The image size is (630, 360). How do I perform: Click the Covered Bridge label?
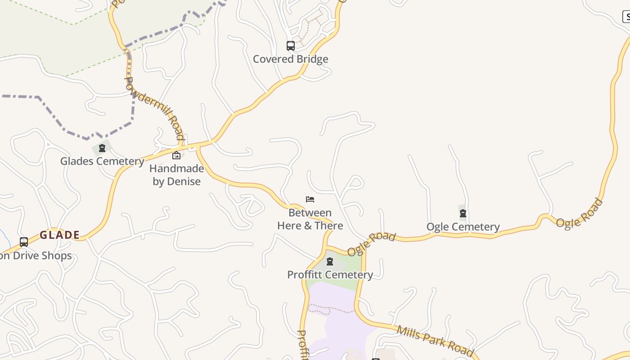point(290,59)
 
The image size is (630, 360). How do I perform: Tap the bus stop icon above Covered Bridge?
point(291,45)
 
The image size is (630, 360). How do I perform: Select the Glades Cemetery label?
point(102,161)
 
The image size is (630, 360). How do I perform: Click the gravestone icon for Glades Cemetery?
point(102,148)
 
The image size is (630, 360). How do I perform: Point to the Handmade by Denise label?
point(176,175)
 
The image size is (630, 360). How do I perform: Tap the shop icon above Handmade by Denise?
point(176,156)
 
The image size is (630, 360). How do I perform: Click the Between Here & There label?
point(310,219)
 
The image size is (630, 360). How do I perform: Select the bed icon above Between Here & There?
point(310,199)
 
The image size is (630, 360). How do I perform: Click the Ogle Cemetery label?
point(463,227)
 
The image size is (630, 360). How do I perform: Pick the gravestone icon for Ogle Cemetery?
point(463,213)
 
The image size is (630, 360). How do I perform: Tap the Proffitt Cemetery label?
point(330,274)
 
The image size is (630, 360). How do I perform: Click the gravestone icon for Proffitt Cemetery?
point(330,261)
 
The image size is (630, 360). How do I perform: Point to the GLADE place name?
point(59,235)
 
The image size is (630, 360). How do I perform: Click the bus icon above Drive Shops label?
point(24,242)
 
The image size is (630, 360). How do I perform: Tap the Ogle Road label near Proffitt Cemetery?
point(371,244)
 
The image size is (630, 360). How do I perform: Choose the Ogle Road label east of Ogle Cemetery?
point(579,213)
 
